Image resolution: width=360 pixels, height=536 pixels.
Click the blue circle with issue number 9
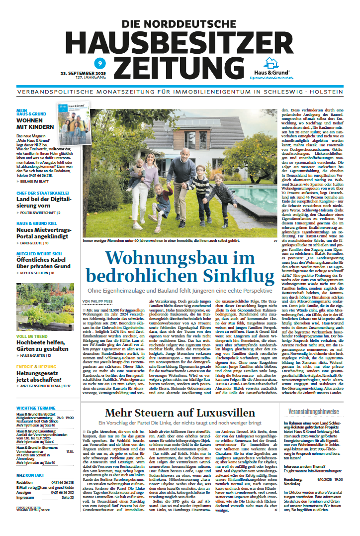(99, 64)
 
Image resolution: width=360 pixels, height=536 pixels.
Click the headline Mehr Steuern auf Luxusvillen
(178, 412)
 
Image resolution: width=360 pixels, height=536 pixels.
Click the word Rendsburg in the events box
(293, 479)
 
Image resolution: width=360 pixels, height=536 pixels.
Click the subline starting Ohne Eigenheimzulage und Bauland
(180, 290)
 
